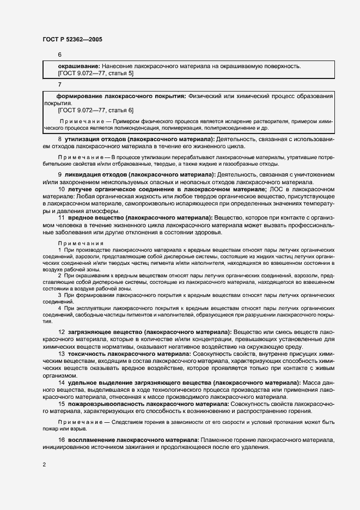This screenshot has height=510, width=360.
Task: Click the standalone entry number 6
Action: pos(59,55)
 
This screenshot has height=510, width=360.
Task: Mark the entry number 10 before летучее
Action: pos(61,189)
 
